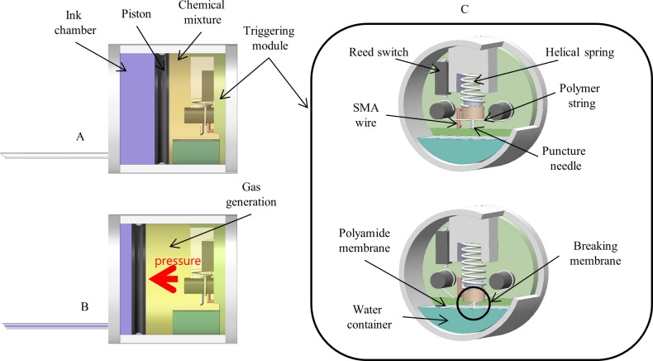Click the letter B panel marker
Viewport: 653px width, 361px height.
[x=83, y=306]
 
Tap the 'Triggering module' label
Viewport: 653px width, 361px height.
[x=269, y=36]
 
